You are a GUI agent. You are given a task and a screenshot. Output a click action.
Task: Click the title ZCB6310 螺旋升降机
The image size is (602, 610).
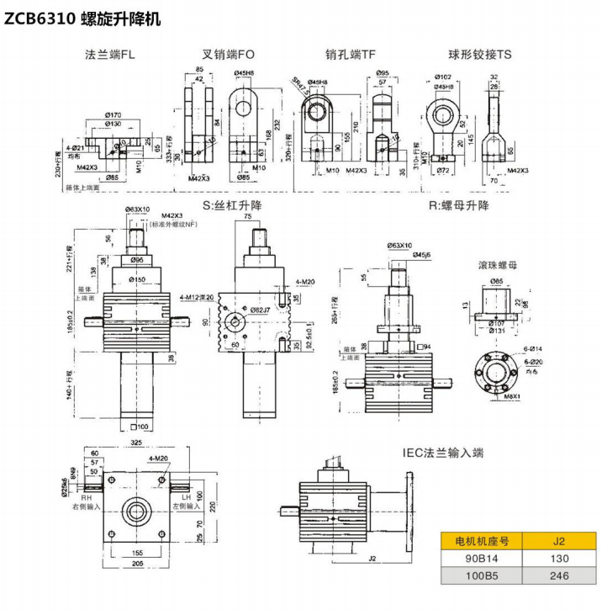pyautogui.click(x=82, y=16)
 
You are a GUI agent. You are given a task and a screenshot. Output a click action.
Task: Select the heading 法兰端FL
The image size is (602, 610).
pyautogui.click(x=110, y=55)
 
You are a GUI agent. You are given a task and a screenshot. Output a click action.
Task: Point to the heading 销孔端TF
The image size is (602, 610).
pyautogui.click(x=351, y=55)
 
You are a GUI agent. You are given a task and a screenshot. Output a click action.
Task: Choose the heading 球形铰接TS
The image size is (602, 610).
pyautogui.click(x=480, y=55)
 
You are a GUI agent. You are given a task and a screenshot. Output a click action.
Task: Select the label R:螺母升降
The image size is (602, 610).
pyautogui.click(x=458, y=204)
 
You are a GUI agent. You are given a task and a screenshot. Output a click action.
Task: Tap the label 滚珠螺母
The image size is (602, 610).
pyautogui.click(x=499, y=265)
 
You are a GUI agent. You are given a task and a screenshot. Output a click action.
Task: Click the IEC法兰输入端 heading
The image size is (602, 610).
pyautogui.click(x=443, y=453)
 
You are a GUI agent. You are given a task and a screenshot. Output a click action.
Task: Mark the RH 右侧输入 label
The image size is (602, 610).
pyautogui.click(x=87, y=502)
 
